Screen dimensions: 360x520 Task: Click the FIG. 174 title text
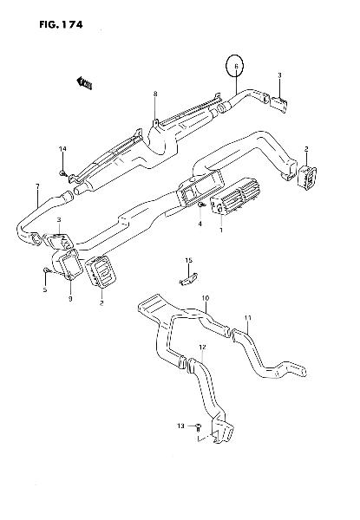click(61, 24)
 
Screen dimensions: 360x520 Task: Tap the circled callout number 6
click(236, 66)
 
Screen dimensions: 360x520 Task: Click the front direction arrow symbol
click(84, 83)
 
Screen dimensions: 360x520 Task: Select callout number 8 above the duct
click(155, 94)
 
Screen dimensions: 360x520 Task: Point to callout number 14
click(62, 148)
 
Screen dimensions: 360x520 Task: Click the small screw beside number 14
click(63, 172)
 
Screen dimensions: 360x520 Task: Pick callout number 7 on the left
click(37, 186)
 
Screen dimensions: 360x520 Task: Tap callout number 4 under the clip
click(200, 224)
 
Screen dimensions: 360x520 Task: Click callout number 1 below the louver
click(221, 230)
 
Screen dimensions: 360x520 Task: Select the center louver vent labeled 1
click(233, 196)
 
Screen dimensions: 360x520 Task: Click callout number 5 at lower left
click(45, 289)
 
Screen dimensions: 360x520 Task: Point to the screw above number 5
click(46, 271)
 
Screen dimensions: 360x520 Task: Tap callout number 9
click(70, 299)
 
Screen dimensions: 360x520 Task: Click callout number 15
click(188, 261)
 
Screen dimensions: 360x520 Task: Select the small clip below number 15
click(188, 278)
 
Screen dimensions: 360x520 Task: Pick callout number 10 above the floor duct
click(206, 298)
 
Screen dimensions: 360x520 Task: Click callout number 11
click(248, 318)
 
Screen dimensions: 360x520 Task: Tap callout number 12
click(202, 347)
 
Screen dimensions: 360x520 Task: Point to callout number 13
click(180, 426)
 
